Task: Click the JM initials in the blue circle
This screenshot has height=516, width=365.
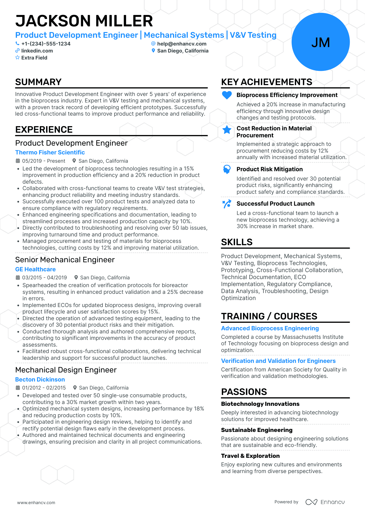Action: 320,42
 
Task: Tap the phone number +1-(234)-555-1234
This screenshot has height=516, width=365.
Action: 46,44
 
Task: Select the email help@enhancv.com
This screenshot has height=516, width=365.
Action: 182,44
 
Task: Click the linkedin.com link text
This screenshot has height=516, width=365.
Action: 37,51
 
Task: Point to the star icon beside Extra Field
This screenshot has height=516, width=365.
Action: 17,58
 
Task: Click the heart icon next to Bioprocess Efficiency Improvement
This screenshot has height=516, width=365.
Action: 227,95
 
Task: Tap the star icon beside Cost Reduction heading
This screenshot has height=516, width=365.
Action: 227,130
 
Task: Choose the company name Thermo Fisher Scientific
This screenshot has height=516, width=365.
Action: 50,152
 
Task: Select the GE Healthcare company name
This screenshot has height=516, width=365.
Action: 35,269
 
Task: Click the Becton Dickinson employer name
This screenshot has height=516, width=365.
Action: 40,379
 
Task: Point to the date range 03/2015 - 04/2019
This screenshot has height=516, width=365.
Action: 45,278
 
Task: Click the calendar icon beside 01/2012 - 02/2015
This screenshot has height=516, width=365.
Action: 18,388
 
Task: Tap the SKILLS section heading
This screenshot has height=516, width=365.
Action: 237,242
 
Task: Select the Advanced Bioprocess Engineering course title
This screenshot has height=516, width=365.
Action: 270,328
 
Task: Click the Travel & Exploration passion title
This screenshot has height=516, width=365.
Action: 250,456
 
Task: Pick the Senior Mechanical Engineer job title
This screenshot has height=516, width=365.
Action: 65,260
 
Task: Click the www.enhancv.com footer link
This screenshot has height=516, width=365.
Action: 36,503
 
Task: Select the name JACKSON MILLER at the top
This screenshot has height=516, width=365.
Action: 84,21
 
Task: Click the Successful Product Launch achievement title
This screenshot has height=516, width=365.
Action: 275,204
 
